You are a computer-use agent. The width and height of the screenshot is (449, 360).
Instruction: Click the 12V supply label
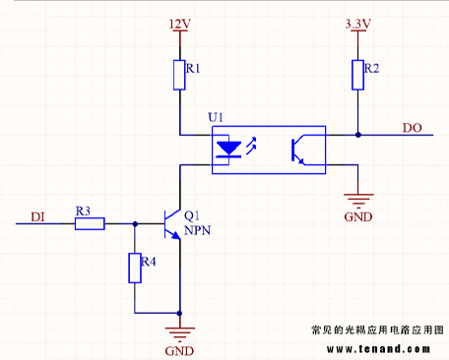[x=177, y=22]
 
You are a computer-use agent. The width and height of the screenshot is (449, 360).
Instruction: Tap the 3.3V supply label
[x=355, y=22]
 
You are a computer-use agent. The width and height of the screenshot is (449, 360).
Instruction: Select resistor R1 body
[x=178, y=75]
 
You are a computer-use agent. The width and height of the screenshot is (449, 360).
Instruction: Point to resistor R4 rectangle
[x=135, y=268]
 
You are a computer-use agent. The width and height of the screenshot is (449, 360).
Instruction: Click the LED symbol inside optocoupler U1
[x=228, y=150]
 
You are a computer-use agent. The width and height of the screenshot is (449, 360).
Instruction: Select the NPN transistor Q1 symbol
[x=172, y=224]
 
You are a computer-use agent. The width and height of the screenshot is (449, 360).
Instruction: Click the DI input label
[x=37, y=216]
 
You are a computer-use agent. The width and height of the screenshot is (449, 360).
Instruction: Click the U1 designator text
[x=217, y=117]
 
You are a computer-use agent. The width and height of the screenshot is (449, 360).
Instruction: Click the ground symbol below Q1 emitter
[x=179, y=331]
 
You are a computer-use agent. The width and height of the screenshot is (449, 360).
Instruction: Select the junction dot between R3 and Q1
[x=135, y=224]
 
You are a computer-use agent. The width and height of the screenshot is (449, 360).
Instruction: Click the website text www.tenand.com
[x=385, y=348]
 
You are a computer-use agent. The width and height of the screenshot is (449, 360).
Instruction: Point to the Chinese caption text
[x=377, y=331]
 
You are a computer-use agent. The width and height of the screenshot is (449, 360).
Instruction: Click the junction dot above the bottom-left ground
[x=179, y=313]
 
